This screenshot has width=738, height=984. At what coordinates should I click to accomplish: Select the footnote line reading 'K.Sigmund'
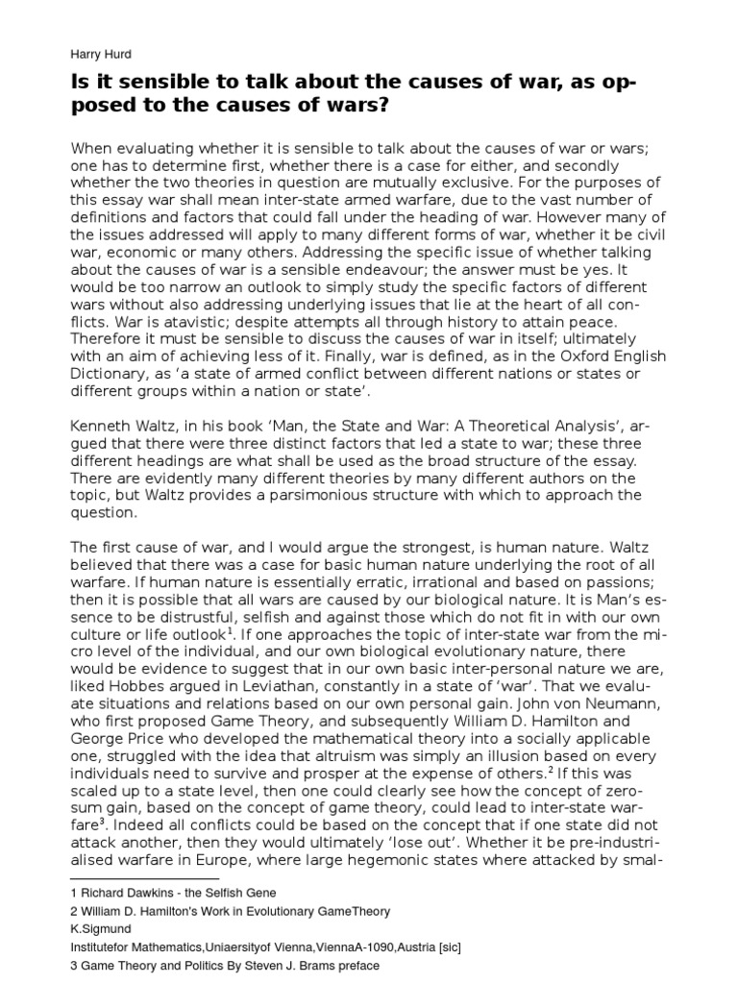tap(102, 928)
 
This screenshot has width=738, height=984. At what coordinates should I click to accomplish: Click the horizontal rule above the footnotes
tap(145, 877)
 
